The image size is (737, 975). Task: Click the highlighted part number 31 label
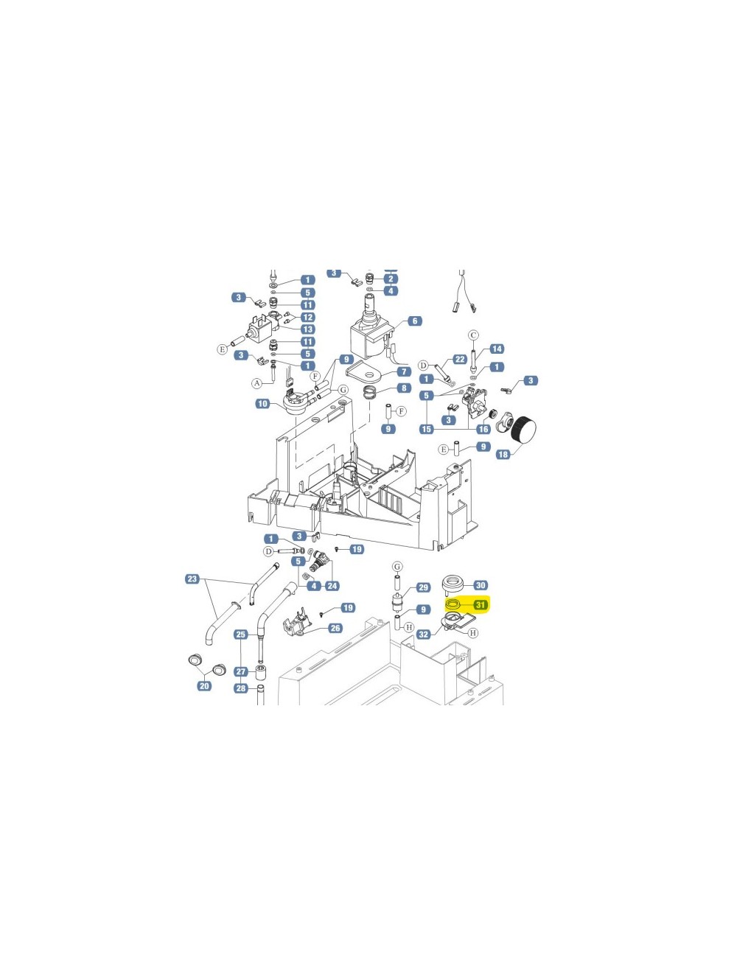click(x=481, y=604)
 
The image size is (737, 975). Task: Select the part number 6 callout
click(x=414, y=321)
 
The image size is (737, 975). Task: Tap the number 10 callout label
click(x=262, y=403)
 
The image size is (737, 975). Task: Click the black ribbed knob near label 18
click(x=524, y=430)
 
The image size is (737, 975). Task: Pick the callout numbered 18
click(x=503, y=454)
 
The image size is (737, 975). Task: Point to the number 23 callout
click(x=192, y=579)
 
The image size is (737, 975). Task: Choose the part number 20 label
click(x=204, y=686)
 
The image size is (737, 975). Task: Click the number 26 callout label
click(x=335, y=628)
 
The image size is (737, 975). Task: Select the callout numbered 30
click(x=481, y=585)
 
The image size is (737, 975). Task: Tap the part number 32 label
click(x=424, y=634)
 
